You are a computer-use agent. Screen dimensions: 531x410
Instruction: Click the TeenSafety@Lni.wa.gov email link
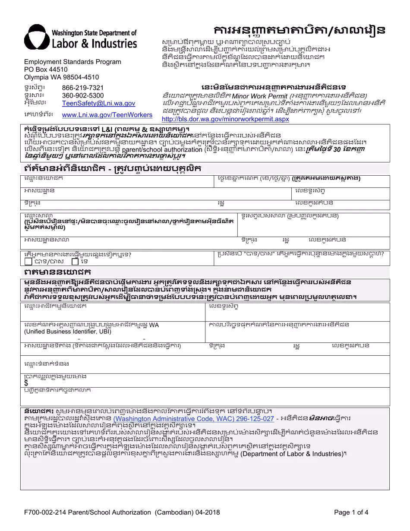point(98,104)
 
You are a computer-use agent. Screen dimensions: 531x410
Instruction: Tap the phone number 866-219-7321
point(83,88)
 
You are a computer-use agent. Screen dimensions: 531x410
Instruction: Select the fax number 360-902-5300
point(83,95)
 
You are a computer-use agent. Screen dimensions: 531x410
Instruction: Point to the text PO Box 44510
point(46,70)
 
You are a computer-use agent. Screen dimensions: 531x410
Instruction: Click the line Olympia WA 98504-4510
point(61,77)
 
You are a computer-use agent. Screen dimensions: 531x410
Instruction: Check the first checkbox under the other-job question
point(28,261)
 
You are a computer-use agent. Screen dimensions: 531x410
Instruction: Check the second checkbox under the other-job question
point(75,261)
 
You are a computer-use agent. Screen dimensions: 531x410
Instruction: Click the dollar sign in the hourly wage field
point(26,382)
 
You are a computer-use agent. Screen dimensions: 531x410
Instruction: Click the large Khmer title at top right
point(299,31)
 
